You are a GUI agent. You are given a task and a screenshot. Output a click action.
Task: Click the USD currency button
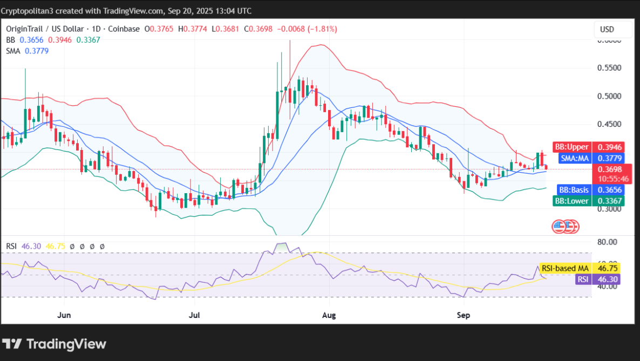pyautogui.click(x=607, y=29)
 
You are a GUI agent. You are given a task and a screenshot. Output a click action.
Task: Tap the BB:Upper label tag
pyautogui.click(x=572, y=147)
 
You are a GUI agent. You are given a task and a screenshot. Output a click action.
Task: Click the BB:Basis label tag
pyautogui.click(x=574, y=190)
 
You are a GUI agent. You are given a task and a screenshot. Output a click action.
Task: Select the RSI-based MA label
pyautogui.click(x=564, y=268)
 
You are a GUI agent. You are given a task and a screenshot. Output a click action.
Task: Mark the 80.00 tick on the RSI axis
pyautogui.click(x=607, y=242)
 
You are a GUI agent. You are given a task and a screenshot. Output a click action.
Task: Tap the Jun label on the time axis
pyautogui.click(x=64, y=315)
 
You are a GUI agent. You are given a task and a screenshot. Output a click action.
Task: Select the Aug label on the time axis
pyautogui.click(x=328, y=315)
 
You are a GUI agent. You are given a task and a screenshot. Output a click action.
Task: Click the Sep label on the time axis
pyautogui.click(x=464, y=315)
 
